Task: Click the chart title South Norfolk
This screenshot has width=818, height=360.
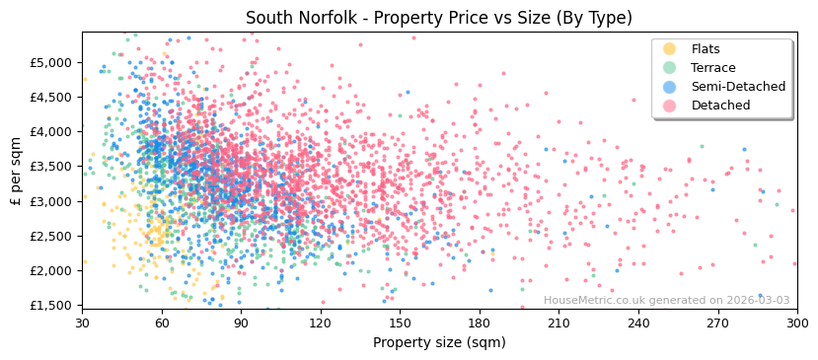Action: [x=439, y=18]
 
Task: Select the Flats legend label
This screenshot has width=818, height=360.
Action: [x=706, y=49]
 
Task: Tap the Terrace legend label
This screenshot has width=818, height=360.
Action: [x=712, y=68]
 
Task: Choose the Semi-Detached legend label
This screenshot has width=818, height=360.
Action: [x=738, y=87]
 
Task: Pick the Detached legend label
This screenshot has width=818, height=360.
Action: [x=720, y=106]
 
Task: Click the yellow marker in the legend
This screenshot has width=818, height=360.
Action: [x=670, y=49]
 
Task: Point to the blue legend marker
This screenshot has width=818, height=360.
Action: [x=670, y=87]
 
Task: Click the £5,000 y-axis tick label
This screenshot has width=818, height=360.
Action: [x=51, y=62]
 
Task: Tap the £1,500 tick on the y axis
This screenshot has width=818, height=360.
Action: [x=51, y=306]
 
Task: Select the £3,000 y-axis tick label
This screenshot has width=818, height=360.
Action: [x=51, y=201]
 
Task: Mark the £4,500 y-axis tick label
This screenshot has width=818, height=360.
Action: [x=51, y=97]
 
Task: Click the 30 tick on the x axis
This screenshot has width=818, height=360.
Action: [x=82, y=324]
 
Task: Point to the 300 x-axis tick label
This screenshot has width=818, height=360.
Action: [x=797, y=324]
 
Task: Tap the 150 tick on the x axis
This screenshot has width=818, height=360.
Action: [x=400, y=324]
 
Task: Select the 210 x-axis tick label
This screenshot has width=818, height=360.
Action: [x=558, y=324]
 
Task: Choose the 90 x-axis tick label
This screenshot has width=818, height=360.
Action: [x=241, y=324]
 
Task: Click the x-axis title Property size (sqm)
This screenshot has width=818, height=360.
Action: [x=439, y=343]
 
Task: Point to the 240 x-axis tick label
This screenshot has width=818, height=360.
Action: [x=638, y=324]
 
